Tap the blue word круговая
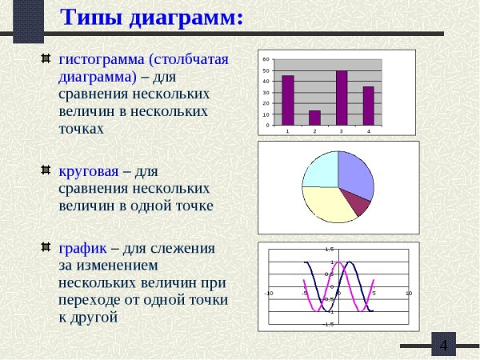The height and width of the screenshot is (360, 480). (89, 171)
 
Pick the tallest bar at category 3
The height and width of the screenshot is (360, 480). (342, 98)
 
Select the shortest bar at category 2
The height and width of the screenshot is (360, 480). (314, 118)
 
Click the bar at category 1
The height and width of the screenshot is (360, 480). (288, 100)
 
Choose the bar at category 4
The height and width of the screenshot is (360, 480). (368, 106)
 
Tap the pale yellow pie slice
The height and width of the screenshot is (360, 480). (326, 203)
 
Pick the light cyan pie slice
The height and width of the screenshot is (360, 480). (321, 169)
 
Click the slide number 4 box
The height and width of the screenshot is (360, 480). (443, 345)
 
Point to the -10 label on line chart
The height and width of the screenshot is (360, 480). (269, 294)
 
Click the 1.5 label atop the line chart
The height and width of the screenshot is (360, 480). (329, 250)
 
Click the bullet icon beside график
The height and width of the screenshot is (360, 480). (46, 247)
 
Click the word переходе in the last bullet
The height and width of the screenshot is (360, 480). (90, 300)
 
